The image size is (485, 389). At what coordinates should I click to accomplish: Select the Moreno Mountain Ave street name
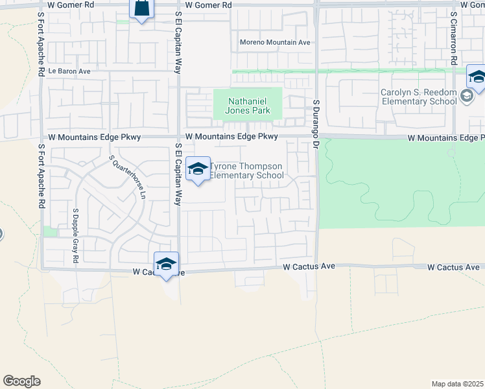tap(275, 42)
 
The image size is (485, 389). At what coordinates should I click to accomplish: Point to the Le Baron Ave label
tap(68, 71)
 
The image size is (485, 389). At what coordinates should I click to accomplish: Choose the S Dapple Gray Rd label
tap(75, 235)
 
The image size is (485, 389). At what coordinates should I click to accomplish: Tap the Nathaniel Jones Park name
tap(248, 106)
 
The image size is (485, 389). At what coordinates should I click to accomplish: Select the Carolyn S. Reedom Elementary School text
tap(419, 97)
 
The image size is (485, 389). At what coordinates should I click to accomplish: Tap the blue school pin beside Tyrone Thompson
tap(198, 170)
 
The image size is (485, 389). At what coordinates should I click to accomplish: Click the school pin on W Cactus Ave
tap(167, 265)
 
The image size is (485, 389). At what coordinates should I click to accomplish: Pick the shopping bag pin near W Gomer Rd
tap(141, 9)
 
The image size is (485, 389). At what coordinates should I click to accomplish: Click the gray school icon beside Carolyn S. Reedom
tap(466, 97)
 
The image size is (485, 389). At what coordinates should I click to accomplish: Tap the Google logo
tap(21, 381)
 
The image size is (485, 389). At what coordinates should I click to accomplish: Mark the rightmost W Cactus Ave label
tap(454, 267)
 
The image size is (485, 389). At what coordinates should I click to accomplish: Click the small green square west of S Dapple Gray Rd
tap(50, 231)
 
